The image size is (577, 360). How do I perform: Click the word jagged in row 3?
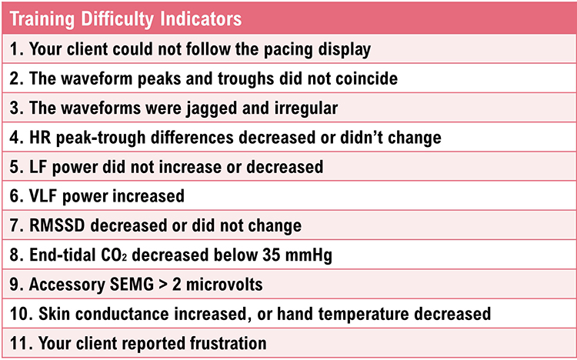pyautogui.click(x=178, y=108)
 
